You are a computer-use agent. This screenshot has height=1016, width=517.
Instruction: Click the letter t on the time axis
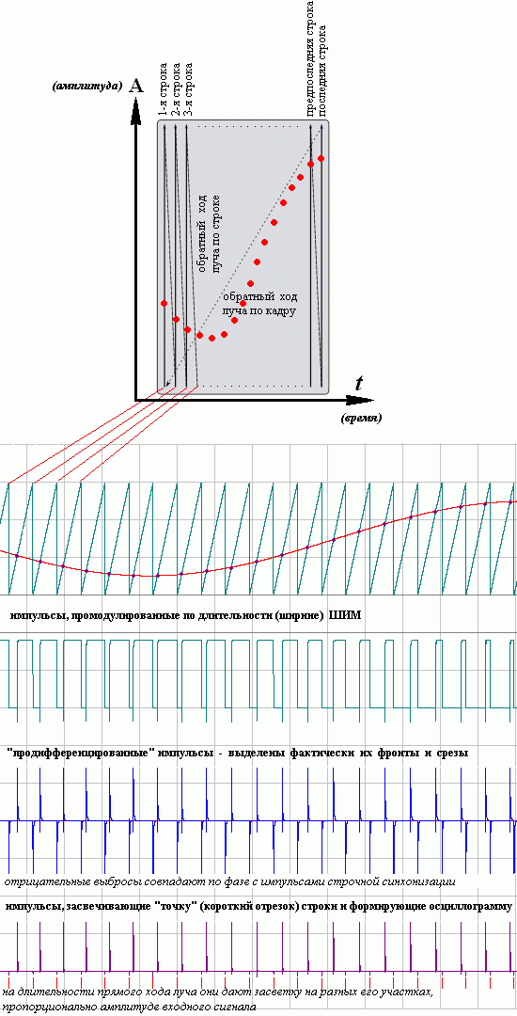point(358,382)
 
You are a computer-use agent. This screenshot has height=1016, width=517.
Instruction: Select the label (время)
point(361,418)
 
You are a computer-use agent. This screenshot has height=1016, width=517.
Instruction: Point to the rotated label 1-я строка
point(163,89)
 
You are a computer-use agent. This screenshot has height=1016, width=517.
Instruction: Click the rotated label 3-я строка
point(187,89)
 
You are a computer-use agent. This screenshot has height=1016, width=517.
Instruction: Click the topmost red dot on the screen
point(321,158)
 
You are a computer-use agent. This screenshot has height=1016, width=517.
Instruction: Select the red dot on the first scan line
point(164,303)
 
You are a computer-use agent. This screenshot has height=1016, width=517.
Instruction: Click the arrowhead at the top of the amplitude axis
point(135,110)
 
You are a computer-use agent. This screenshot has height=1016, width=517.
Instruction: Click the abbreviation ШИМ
point(345,615)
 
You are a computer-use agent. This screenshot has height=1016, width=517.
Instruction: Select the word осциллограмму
point(475,907)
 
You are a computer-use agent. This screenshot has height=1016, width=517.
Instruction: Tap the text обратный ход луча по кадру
point(259,304)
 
